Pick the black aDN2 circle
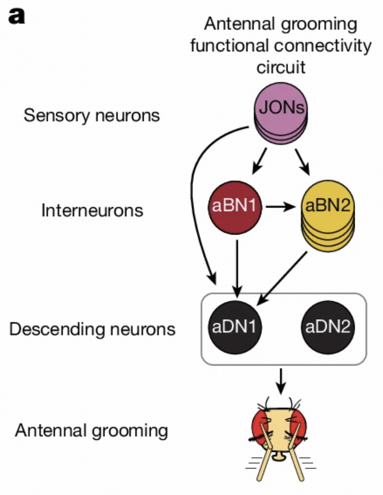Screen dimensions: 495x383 coord(328,328)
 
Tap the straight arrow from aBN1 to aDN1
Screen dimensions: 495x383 coord(238,264)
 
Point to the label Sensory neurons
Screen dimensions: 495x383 coord(92,116)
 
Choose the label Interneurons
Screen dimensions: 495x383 coord(92,211)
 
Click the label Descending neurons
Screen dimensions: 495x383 coord(92,329)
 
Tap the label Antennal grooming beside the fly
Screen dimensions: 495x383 coord(92,430)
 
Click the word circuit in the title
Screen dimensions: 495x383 coord(281,68)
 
